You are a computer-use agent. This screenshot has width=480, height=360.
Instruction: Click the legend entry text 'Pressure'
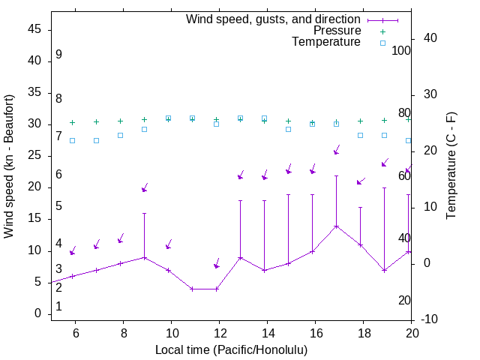[337, 31]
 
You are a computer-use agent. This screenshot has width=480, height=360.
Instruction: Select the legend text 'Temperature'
[326, 43]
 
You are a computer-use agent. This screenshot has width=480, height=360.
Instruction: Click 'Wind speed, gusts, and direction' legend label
[273, 19]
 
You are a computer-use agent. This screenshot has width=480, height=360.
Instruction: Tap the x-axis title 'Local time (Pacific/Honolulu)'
[231, 350]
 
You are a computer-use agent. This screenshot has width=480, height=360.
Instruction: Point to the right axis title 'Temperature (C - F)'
[451, 166]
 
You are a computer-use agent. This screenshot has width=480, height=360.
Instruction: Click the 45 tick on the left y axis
[34, 29]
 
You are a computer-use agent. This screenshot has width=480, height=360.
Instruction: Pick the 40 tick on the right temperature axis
[430, 38]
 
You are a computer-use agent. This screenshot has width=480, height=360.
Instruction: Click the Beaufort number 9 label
[58, 55]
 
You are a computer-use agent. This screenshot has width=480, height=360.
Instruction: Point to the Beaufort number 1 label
[58, 307]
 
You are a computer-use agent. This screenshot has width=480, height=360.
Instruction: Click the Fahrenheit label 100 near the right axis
[402, 51]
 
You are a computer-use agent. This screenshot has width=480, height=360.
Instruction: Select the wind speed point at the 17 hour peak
[336, 226]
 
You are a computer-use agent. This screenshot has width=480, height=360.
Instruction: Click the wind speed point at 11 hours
[192, 289]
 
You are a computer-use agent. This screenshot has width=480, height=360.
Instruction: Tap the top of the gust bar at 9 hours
[144, 213]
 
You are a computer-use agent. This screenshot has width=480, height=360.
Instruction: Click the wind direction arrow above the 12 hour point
[217, 264]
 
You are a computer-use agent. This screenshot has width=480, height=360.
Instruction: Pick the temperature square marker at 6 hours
[72, 140]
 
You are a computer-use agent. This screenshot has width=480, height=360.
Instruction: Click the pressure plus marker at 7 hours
[96, 121]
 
